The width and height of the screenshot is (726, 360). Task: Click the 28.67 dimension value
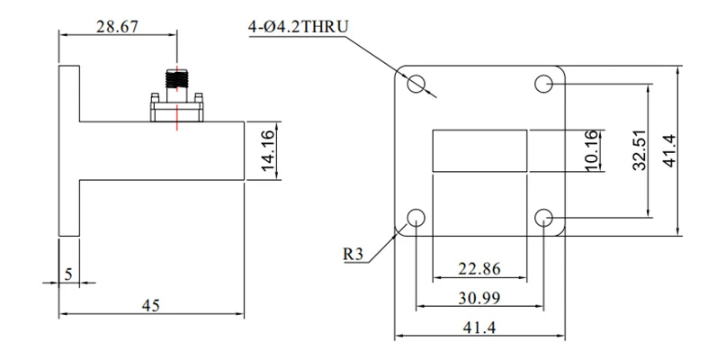pos(117,26)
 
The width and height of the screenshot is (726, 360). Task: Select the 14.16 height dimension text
pos(269,150)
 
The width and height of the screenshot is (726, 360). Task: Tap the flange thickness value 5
pos(68,274)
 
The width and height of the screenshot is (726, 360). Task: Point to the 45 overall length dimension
pos(151,305)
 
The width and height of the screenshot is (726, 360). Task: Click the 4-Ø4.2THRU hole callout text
pos(298,27)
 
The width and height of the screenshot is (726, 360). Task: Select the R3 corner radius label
pos(354,254)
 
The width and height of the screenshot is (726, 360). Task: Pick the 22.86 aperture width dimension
pos(480,269)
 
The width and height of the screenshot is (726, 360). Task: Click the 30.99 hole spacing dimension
pos(480,298)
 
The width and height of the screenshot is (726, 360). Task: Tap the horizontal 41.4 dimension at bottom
pos(480,328)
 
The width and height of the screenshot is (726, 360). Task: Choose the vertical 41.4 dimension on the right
pos(669,150)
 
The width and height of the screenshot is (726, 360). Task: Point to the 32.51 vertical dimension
pos(640,150)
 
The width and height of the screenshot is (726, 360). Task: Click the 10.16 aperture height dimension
pos(594,150)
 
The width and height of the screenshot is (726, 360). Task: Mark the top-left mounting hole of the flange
pos(416,84)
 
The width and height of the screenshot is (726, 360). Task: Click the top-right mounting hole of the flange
pos(543,84)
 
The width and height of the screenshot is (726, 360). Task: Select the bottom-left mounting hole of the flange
pos(416,217)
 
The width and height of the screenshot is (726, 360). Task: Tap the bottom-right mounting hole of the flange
pos(543,217)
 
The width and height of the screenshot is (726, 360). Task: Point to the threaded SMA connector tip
pos(177,79)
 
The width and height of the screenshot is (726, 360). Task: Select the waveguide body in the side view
pos(162,150)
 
